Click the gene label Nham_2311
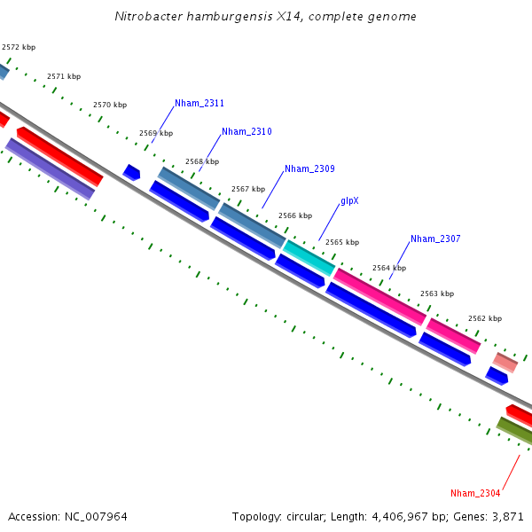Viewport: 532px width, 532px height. pos(199,104)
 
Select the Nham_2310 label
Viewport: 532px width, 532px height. pos(246,132)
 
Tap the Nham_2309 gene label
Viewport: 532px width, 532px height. pos(309,168)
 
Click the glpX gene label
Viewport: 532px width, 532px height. pos(349,201)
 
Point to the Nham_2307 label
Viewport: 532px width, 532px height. pos(435,239)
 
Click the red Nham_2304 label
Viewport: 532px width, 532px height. pos(475,493)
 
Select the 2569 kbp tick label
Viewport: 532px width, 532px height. pos(156,134)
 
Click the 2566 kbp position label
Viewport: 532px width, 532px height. pos(295,215)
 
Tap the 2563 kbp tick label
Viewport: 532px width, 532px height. pos(436,293)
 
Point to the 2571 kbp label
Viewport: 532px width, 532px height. pos(64,77)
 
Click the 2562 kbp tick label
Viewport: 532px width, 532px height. pos(485,318)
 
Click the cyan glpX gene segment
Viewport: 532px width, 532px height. pos(309,257)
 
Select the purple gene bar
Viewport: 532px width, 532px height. pos(51,169)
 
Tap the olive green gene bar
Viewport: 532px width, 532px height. pos(514,431)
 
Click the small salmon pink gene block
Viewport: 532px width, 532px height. pos(505,362)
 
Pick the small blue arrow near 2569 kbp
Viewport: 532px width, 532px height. pos(131,172)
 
